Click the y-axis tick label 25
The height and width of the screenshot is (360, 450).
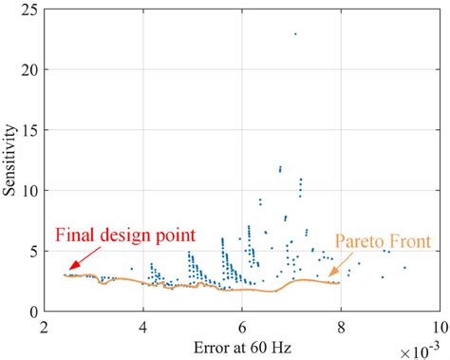click(31, 9)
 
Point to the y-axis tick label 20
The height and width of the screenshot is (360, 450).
click(31, 69)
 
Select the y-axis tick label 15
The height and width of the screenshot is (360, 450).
click(31, 130)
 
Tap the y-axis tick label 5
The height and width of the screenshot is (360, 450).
click(35, 251)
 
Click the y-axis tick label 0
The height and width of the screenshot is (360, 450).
click(35, 311)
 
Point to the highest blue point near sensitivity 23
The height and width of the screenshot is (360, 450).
click(295, 34)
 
